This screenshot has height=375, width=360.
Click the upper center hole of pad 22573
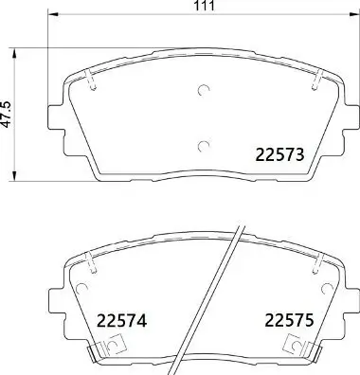[204, 91]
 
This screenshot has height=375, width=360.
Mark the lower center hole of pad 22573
[204, 145]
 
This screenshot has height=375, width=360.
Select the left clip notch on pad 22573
[92, 82]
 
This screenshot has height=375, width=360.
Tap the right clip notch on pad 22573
[315, 82]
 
